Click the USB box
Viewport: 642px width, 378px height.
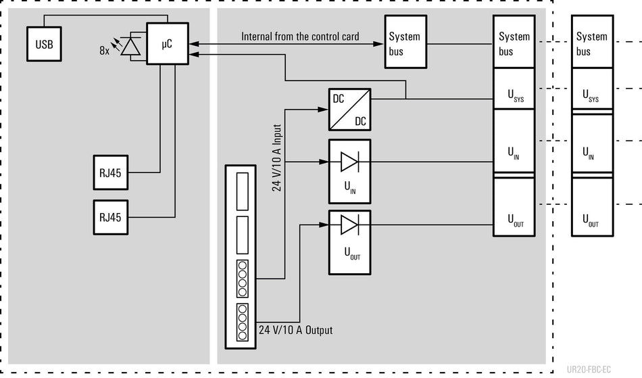pos(44,44)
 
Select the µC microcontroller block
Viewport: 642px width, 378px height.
pos(168,43)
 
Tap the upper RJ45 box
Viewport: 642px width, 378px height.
pos(111,172)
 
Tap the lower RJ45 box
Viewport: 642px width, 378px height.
pos(111,218)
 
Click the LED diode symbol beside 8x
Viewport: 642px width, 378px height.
pos(130,46)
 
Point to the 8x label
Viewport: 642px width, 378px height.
pos(104,50)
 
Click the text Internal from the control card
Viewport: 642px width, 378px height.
pos(300,37)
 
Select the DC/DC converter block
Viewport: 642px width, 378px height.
pos(349,110)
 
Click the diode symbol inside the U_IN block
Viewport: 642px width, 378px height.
pos(349,162)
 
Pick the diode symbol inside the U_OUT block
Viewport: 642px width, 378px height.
pos(349,225)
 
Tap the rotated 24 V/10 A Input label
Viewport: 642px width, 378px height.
pos(277,158)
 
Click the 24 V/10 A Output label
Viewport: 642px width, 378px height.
pos(295,330)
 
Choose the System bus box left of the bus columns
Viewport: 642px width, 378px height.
pos(405,42)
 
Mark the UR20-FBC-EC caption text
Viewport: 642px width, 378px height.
pos(589,369)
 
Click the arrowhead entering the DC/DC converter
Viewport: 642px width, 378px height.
pos(324,110)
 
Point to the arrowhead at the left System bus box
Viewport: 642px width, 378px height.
pos(378,44)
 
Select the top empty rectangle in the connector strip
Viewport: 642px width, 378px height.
pos(243,191)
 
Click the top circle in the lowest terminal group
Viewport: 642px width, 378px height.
pos(243,309)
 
